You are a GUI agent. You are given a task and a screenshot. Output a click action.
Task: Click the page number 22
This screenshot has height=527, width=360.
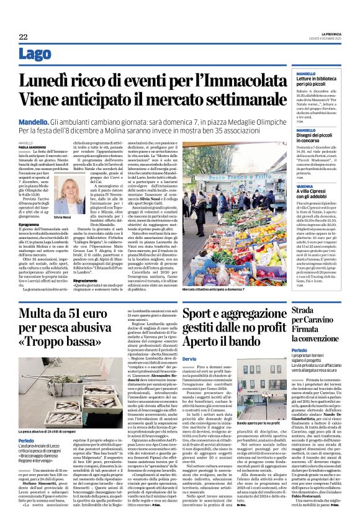click(23, 37)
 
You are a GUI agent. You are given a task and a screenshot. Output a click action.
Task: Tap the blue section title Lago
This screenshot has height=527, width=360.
click(35, 55)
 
